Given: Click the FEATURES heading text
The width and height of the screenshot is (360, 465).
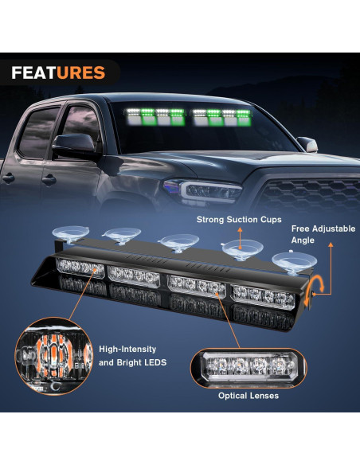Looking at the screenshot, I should coord(58,73).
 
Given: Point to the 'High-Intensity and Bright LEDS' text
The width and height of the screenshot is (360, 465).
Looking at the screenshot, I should coord(127,354).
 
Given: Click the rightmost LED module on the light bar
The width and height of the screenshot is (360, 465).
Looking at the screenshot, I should coord(263,295).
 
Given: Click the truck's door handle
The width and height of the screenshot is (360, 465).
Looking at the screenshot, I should coord(9,178).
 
